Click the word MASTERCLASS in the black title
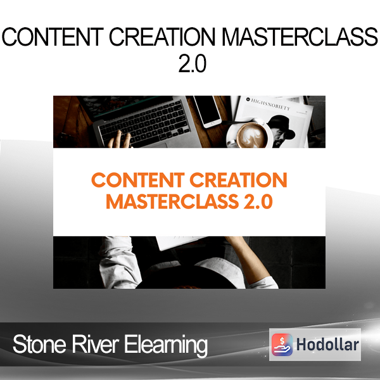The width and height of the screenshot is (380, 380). (x=300, y=37)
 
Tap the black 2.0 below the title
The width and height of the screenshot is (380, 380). (x=192, y=63)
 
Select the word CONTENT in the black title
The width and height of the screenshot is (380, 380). (x=53, y=37)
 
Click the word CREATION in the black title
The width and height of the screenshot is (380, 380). (x=162, y=37)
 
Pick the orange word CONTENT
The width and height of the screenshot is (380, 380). (x=138, y=180)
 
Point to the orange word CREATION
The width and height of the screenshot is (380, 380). (x=239, y=180)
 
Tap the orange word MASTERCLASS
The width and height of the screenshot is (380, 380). (x=172, y=201)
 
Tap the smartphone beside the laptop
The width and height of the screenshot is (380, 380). (x=207, y=111)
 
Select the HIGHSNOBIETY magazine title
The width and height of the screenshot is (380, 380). (x=270, y=104)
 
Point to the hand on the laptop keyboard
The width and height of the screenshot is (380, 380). (x=120, y=139)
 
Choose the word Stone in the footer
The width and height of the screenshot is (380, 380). (x=39, y=345)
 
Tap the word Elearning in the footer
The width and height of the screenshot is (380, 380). (x=166, y=346)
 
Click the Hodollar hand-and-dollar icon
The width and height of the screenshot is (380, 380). (x=282, y=345)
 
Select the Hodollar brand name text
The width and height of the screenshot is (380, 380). (x=327, y=345)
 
